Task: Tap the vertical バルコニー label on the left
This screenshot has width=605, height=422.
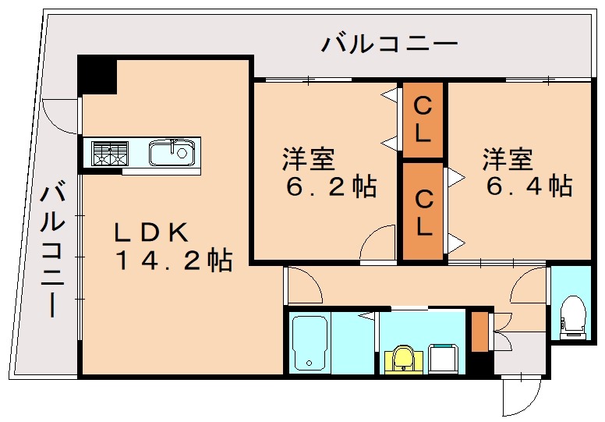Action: [52, 248]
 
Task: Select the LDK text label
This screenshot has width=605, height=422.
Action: [151, 232]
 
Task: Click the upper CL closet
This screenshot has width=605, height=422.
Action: [422, 119]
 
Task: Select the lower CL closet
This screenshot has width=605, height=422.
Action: [423, 211]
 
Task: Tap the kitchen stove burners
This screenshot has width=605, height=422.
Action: [110, 152]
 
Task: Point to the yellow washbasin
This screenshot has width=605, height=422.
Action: [402, 360]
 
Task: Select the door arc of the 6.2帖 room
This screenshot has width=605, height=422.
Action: [378, 241]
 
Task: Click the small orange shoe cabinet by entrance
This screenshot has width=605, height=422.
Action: [479, 332]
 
